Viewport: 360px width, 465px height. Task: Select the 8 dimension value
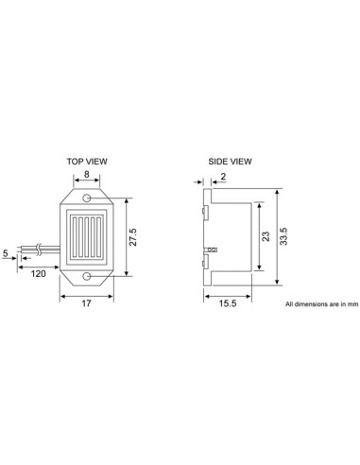pos(87,174)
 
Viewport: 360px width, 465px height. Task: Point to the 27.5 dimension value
pos(133,237)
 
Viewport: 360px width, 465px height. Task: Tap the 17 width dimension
pos(87,303)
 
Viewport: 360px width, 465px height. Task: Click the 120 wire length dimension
pos(39,273)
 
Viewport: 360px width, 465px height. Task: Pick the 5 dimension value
pos(7,253)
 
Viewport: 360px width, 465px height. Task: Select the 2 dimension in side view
pos(224,176)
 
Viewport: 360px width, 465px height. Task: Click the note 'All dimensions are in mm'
pos(321,305)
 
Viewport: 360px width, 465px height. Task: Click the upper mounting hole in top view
pos(87,199)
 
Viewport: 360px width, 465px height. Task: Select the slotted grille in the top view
pos(87,237)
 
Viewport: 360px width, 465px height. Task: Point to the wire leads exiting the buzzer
pos(49,251)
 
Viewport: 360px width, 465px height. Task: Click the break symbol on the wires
pos(38,250)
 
